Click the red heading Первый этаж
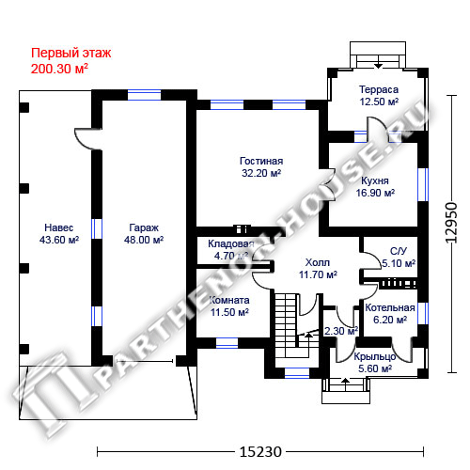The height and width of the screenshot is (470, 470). (x=71, y=54)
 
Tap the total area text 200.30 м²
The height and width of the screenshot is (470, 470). (x=59, y=69)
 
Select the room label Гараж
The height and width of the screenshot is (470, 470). (x=144, y=227)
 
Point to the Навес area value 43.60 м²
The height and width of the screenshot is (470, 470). (x=59, y=240)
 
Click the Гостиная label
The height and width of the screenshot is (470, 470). (x=261, y=161)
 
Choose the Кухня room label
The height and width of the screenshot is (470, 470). (x=375, y=180)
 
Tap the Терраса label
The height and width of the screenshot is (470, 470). (x=379, y=89)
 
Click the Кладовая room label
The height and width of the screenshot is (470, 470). (x=231, y=243)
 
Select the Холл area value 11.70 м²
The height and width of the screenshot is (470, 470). (x=318, y=274)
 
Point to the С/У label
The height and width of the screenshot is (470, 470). (x=399, y=251)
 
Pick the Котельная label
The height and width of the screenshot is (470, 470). (x=390, y=307)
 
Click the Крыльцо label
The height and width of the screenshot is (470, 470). (x=375, y=357)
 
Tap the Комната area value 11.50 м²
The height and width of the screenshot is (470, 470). (x=229, y=312)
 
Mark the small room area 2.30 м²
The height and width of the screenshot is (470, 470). (x=341, y=331)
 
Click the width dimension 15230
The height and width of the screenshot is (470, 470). (x=260, y=452)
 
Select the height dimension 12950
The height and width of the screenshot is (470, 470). (x=451, y=223)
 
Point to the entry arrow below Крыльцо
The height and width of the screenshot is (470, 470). (x=345, y=384)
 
